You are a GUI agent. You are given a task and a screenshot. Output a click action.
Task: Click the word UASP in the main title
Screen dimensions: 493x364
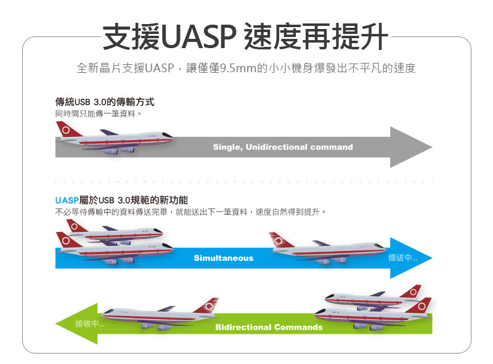point(198,36)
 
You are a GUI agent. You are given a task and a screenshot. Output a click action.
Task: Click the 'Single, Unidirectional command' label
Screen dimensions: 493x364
point(283,147)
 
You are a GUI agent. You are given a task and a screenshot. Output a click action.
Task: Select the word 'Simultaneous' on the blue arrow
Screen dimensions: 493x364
point(224,258)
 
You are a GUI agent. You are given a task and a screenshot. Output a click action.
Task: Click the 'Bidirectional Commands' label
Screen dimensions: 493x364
point(269,327)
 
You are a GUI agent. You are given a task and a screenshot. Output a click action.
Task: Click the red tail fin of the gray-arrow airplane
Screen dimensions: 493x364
point(67,129)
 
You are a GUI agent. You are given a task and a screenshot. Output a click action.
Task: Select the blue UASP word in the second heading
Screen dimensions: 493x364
point(67,201)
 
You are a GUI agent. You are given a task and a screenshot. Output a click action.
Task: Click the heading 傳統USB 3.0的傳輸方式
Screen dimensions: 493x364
point(105,102)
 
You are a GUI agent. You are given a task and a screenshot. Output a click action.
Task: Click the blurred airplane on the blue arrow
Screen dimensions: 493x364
point(327,249)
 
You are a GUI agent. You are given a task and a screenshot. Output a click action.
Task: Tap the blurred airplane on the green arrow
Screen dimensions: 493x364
point(160,313)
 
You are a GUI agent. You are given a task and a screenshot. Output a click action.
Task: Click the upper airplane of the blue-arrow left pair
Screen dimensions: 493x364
point(115,233)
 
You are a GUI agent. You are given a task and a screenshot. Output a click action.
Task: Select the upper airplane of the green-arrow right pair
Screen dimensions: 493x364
point(373,297)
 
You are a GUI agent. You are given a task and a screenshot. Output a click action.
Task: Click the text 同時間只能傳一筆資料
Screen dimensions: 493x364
point(97,114)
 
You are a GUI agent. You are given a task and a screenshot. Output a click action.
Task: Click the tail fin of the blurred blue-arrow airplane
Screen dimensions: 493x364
point(280,239)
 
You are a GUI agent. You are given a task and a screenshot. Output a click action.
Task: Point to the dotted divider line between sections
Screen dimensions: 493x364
point(244,181)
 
